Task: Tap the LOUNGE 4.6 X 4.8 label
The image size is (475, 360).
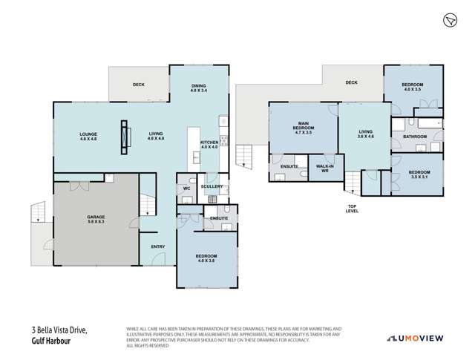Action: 89,137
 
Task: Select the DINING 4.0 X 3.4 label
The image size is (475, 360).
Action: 198,88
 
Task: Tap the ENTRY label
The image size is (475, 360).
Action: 158,247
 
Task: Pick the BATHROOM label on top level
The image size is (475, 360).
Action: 415,137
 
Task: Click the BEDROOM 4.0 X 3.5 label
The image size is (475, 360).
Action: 413,88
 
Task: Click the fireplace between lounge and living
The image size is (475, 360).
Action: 124,136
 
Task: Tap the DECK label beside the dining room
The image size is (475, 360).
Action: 138,85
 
